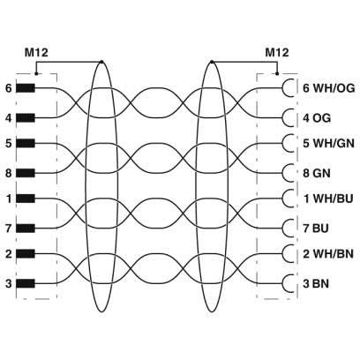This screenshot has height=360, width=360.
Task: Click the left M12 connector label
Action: [36, 53]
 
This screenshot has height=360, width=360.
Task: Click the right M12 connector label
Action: [277, 53]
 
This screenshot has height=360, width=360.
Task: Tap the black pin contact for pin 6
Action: [26, 88]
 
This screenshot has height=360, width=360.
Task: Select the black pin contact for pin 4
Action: [26, 118]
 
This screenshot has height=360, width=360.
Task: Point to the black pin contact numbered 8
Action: [26, 173]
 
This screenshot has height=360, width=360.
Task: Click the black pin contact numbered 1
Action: [26, 199]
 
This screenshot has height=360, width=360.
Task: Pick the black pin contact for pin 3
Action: [26, 283]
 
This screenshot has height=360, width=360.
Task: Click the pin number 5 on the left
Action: [9, 144]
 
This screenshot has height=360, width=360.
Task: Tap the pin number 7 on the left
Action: [9, 229]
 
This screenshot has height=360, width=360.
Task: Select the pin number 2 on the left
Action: [9, 253]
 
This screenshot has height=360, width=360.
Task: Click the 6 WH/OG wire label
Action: [329, 88]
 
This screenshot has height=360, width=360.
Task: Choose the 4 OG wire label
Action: [317, 118]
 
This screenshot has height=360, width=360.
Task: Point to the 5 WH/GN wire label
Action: [328, 144]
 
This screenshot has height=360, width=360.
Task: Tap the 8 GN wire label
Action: [317, 173]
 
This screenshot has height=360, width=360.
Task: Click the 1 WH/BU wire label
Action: [328, 199]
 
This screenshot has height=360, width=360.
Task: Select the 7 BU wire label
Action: [316, 229]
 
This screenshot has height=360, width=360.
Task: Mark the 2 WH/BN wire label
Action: [328, 253]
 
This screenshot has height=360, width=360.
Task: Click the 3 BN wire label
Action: [316, 284]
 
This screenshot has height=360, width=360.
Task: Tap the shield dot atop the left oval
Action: [101, 62]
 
